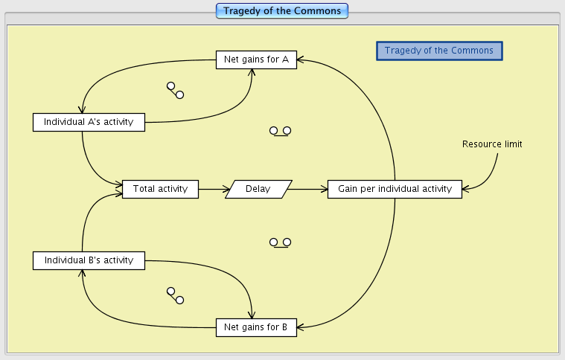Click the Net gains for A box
point(256,60)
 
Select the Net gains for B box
point(256,327)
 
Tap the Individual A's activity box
point(89,122)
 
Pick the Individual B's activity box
point(89,260)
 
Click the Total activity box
point(160,189)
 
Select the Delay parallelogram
point(258,189)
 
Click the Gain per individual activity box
point(395,189)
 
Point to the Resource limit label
point(492,144)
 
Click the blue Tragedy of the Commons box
point(439,51)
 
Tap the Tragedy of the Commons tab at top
point(282,11)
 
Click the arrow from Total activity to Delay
point(212,189)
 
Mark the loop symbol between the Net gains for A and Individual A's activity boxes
point(175,90)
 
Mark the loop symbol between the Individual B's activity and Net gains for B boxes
point(175,295)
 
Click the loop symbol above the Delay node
point(280,131)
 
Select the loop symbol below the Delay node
point(280,242)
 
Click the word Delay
point(258,189)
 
